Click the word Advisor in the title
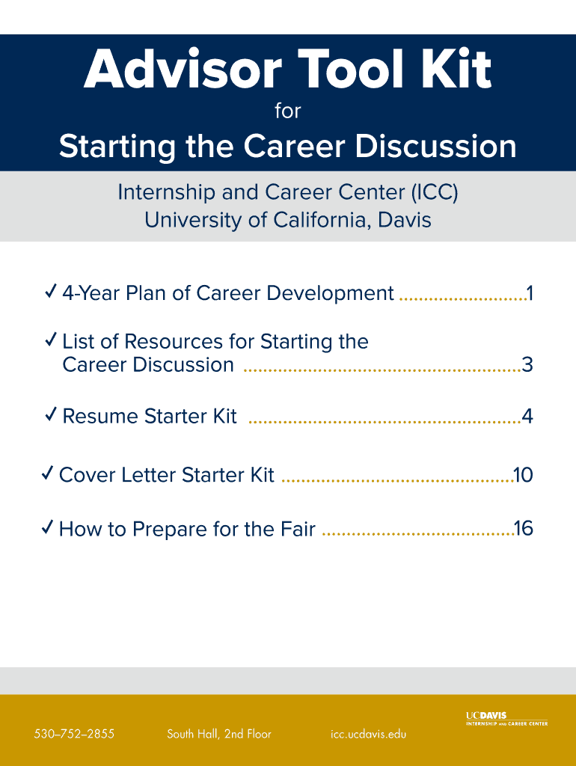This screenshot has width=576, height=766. (x=183, y=69)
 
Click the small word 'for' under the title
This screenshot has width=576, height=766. (x=288, y=111)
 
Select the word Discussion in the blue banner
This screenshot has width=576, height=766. (x=435, y=146)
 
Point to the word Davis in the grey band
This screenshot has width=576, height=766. (x=405, y=220)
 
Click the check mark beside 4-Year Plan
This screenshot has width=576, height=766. (x=50, y=291)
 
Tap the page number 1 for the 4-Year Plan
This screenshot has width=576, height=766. (x=529, y=293)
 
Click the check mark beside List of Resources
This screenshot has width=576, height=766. (x=50, y=339)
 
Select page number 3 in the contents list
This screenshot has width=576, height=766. (x=527, y=365)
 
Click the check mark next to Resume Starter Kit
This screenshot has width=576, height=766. (x=50, y=414)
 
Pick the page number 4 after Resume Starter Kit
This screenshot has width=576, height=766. (x=527, y=416)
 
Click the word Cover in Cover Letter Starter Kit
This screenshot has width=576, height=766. (x=87, y=475)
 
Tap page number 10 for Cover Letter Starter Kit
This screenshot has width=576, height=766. (x=523, y=475)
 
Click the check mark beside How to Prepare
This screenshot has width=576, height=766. (x=47, y=527)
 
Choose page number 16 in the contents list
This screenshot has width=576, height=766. (x=523, y=529)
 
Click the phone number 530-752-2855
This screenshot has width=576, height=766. (x=74, y=734)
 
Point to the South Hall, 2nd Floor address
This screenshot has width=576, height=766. (x=219, y=734)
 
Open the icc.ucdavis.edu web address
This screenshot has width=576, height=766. (x=368, y=734)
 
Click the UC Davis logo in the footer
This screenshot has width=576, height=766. (x=506, y=719)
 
